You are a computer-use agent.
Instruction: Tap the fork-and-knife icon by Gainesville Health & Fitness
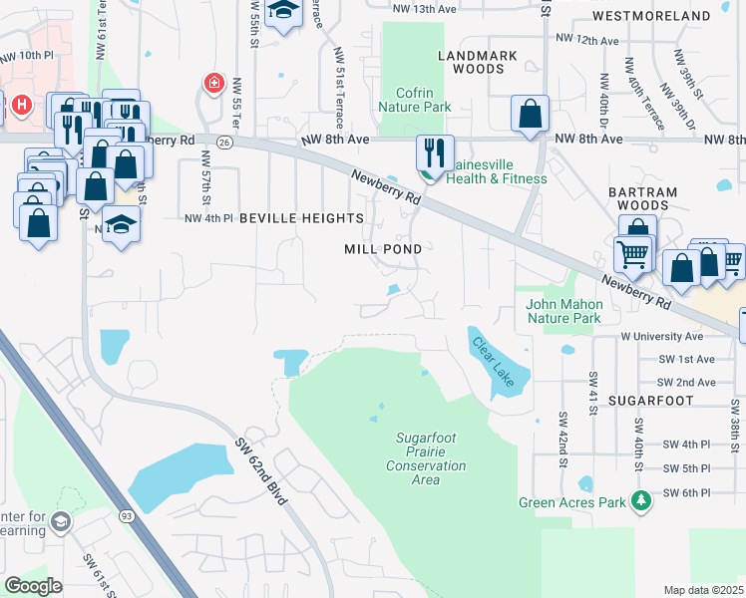pos(435,152)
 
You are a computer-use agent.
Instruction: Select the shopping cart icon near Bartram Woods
pos(633,255)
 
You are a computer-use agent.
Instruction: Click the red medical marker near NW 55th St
pos(212,84)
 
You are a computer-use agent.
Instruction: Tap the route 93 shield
pos(127,515)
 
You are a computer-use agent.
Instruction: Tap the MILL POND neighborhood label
pos(383,248)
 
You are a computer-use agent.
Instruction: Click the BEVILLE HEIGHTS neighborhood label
pos(301,217)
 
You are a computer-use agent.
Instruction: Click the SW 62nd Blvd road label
pos(262,471)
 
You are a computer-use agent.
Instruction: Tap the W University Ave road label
pos(667,337)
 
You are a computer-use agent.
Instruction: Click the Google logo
pos(33,585)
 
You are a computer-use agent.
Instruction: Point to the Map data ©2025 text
pos(703,590)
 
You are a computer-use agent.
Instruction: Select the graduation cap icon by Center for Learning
pos(61,522)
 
